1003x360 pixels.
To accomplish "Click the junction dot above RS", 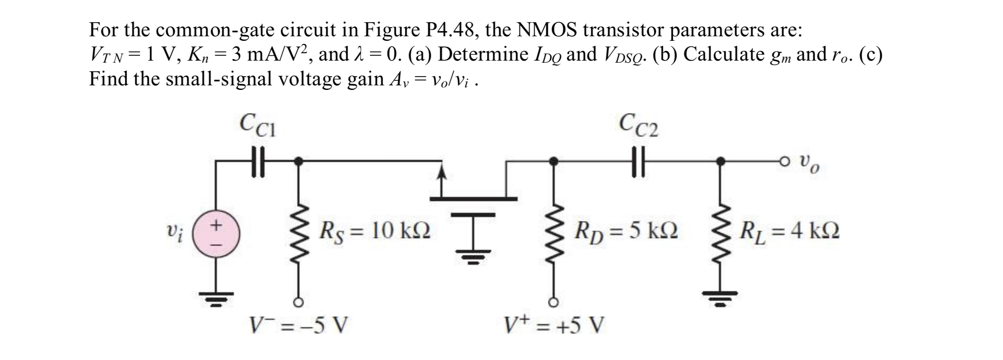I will pyautogui.click(x=300, y=160).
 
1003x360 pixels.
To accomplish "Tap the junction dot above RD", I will pyautogui.click(x=554, y=161).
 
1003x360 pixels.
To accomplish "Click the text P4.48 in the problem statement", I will pyautogui.click(x=452, y=30).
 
